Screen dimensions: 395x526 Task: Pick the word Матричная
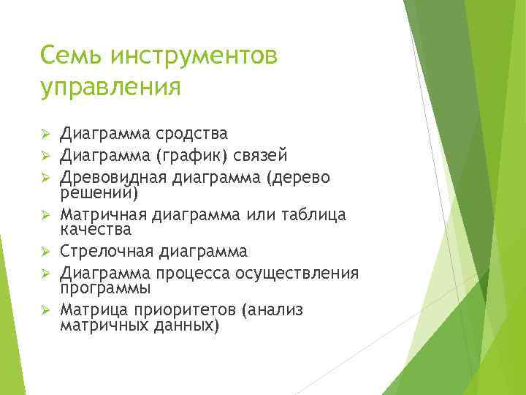104,214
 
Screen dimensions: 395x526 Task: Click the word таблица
315,214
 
